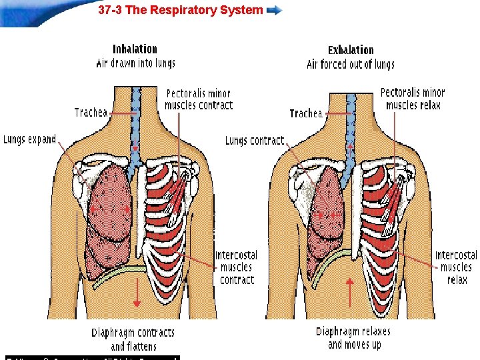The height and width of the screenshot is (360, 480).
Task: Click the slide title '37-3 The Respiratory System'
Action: pos(180,11)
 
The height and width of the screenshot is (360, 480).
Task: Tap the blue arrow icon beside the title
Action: pos(274,11)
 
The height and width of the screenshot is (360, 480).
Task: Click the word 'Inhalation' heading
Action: pos(135,49)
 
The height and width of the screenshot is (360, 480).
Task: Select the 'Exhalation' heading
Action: pos(351,50)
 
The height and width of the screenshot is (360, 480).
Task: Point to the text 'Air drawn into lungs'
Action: pos(135,63)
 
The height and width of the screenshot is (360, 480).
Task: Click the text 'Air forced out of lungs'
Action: pos(351,65)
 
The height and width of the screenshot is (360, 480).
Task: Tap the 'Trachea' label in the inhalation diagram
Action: pos(91,113)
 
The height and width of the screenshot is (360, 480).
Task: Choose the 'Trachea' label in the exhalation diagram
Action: pos(306,113)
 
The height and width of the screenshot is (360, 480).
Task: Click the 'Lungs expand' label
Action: pos(29,139)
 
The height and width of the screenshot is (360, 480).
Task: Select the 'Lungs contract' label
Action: pos(254,141)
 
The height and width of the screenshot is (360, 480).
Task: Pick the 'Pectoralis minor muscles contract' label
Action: pos(199,99)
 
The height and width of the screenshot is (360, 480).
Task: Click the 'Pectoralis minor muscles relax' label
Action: pos(413,99)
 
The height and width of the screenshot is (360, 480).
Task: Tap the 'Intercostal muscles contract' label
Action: pos(237,267)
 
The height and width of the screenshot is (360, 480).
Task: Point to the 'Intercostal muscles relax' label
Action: pos(456,267)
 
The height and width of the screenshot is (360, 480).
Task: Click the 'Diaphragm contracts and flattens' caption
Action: pos(133,339)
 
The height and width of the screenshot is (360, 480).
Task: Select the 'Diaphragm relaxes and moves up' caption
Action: pos(353,337)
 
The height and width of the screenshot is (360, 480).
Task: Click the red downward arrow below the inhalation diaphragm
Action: pos(136,294)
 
